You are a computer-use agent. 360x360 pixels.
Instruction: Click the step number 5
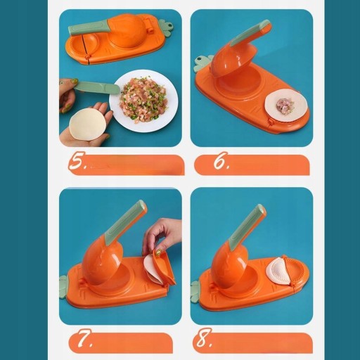click(77, 160)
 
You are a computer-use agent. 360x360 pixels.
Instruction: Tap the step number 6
click(221, 160)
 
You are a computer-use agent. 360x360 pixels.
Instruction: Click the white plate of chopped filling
click(143, 101)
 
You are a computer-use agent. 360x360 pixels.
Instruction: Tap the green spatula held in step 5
click(96, 87)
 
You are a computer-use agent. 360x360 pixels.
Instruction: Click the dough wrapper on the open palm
click(86, 124)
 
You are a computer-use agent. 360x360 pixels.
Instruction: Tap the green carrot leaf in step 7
click(63, 287)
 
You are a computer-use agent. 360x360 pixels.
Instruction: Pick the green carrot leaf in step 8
click(195, 291)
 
